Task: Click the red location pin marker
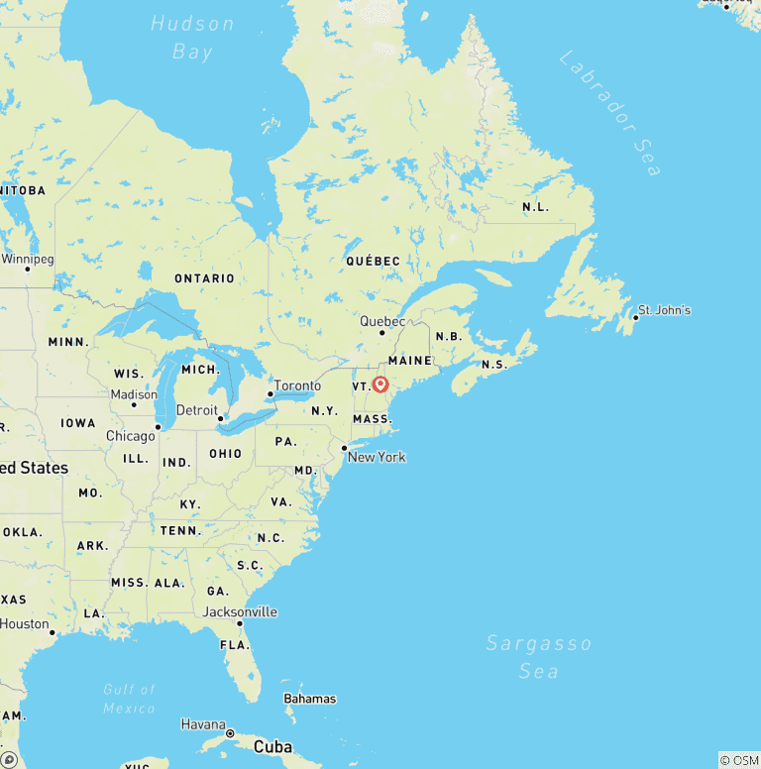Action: [x=380, y=384]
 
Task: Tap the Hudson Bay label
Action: [x=192, y=38]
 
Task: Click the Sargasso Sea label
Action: [x=538, y=657]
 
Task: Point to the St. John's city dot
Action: [x=635, y=317]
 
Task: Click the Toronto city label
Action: [x=297, y=385]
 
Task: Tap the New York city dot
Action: [x=344, y=449]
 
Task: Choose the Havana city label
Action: [x=203, y=724]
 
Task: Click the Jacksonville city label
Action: [x=240, y=611]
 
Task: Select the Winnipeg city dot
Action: [x=27, y=269]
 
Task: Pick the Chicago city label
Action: [x=131, y=436]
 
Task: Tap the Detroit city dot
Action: [x=220, y=418]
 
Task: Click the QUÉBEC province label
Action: [x=373, y=261]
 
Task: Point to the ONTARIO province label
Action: [x=205, y=278]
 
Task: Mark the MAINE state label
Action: [x=410, y=361]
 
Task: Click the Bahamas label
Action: [x=309, y=699]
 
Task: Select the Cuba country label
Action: [x=273, y=746]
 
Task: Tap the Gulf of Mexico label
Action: [x=130, y=699]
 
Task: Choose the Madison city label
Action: [x=134, y=394]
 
